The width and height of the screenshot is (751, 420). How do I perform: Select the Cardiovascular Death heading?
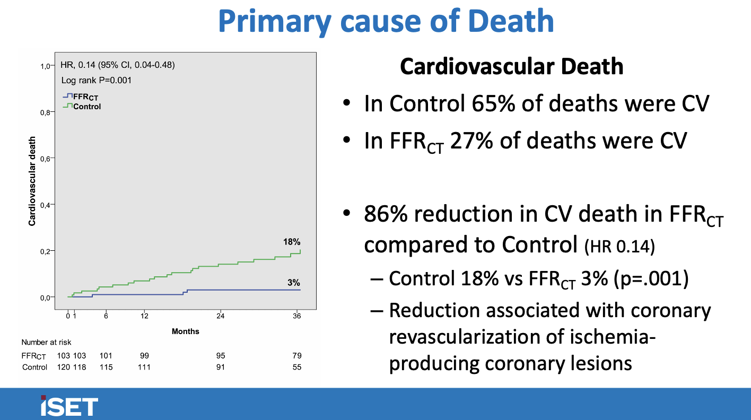[511, 67]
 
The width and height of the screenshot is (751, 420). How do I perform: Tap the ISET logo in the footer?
[69, 406]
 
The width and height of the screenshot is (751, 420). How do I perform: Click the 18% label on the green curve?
[292, 242]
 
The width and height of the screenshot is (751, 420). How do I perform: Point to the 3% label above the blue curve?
[294, 283]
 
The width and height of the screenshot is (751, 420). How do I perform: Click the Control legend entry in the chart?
[87, 107]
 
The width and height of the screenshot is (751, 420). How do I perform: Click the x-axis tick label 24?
[221, 316]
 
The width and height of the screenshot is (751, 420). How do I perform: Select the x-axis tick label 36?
[297, 316]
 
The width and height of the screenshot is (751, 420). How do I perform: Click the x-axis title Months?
[186, 331]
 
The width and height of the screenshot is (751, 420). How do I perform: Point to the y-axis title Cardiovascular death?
[32, 181]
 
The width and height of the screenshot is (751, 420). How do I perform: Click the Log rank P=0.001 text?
[97, 81]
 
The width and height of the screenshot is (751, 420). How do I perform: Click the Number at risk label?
[46, 343]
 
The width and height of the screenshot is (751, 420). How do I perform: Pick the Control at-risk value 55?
[297, 367]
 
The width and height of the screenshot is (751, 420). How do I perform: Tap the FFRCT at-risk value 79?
[297, 355]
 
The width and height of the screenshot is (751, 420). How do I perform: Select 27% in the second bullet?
[468, 141]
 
